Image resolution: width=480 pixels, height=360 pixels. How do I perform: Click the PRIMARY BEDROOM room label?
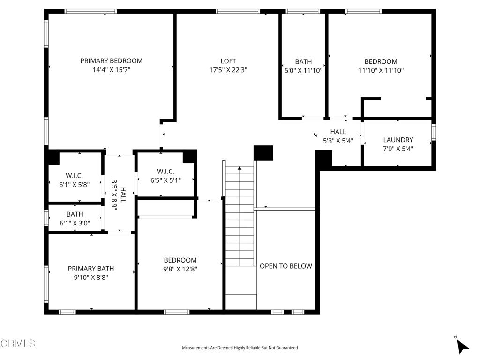[x=112, y=61]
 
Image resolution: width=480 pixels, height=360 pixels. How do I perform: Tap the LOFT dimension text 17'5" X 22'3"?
[x=228, y=70]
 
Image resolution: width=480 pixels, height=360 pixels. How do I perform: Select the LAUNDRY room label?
[x=398, y=140]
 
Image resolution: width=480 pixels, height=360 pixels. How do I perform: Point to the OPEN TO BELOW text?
[x=286, y=266]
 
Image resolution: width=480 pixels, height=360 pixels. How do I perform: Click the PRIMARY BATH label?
[x=91, y=269]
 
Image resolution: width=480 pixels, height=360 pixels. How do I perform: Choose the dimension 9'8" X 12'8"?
[x=180, y=269]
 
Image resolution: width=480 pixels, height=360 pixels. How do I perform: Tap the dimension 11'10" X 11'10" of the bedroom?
[x=381, y=70]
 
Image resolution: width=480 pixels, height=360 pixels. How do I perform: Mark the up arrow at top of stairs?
[x=240, y=168]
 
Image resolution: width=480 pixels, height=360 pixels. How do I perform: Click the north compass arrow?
[x=462, y=346]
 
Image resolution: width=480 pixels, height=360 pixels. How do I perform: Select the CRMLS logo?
[x=18, y=344]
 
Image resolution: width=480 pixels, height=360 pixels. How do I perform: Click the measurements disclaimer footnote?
[x=240, y=348]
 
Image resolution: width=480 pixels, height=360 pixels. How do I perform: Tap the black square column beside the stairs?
[x=263, y=153]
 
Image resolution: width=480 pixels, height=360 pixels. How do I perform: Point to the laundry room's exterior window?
[x=434, y=132]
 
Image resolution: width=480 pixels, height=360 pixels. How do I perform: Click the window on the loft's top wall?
[x=238, y=11]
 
